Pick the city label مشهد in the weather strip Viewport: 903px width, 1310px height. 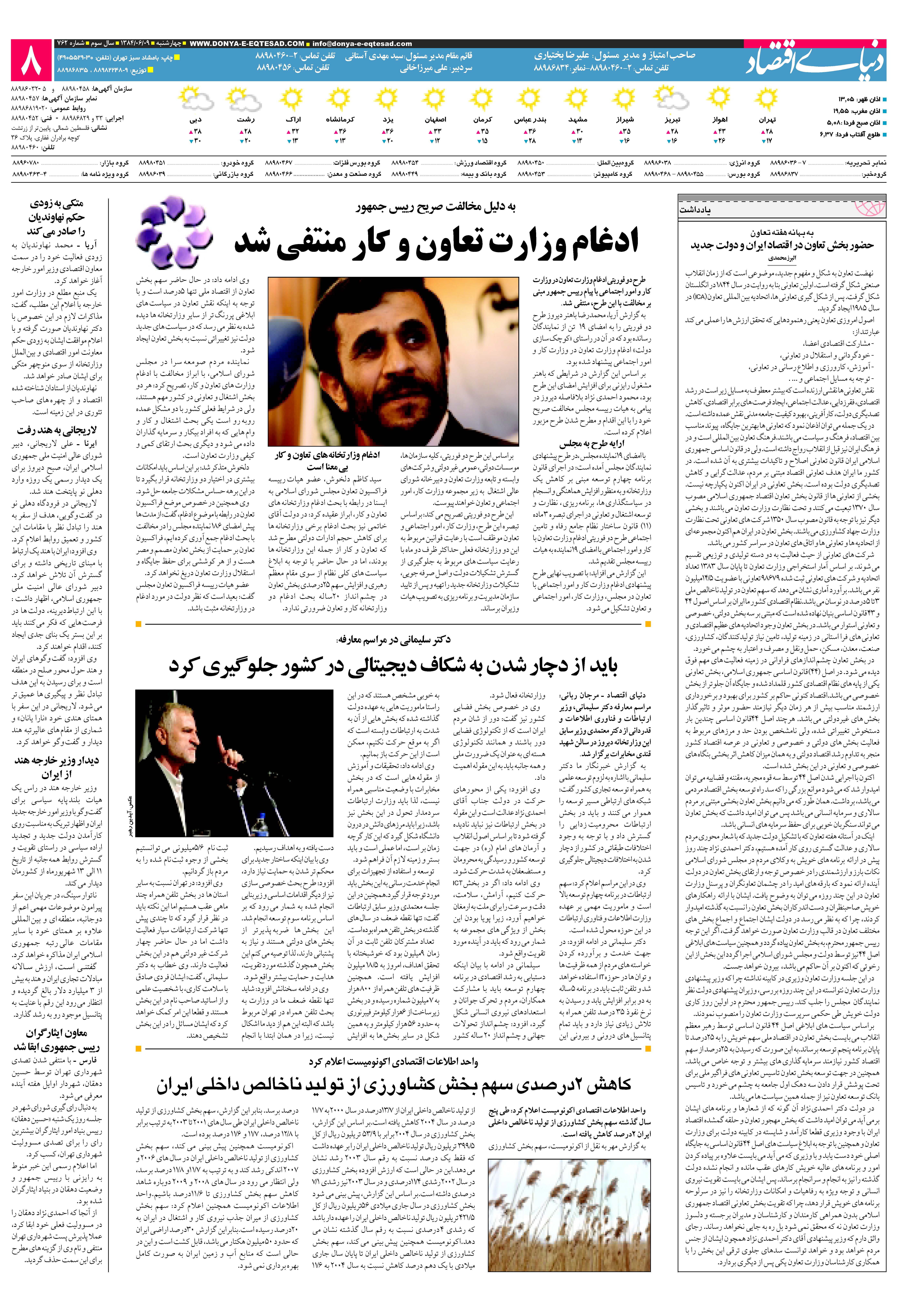pos(577,120)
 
